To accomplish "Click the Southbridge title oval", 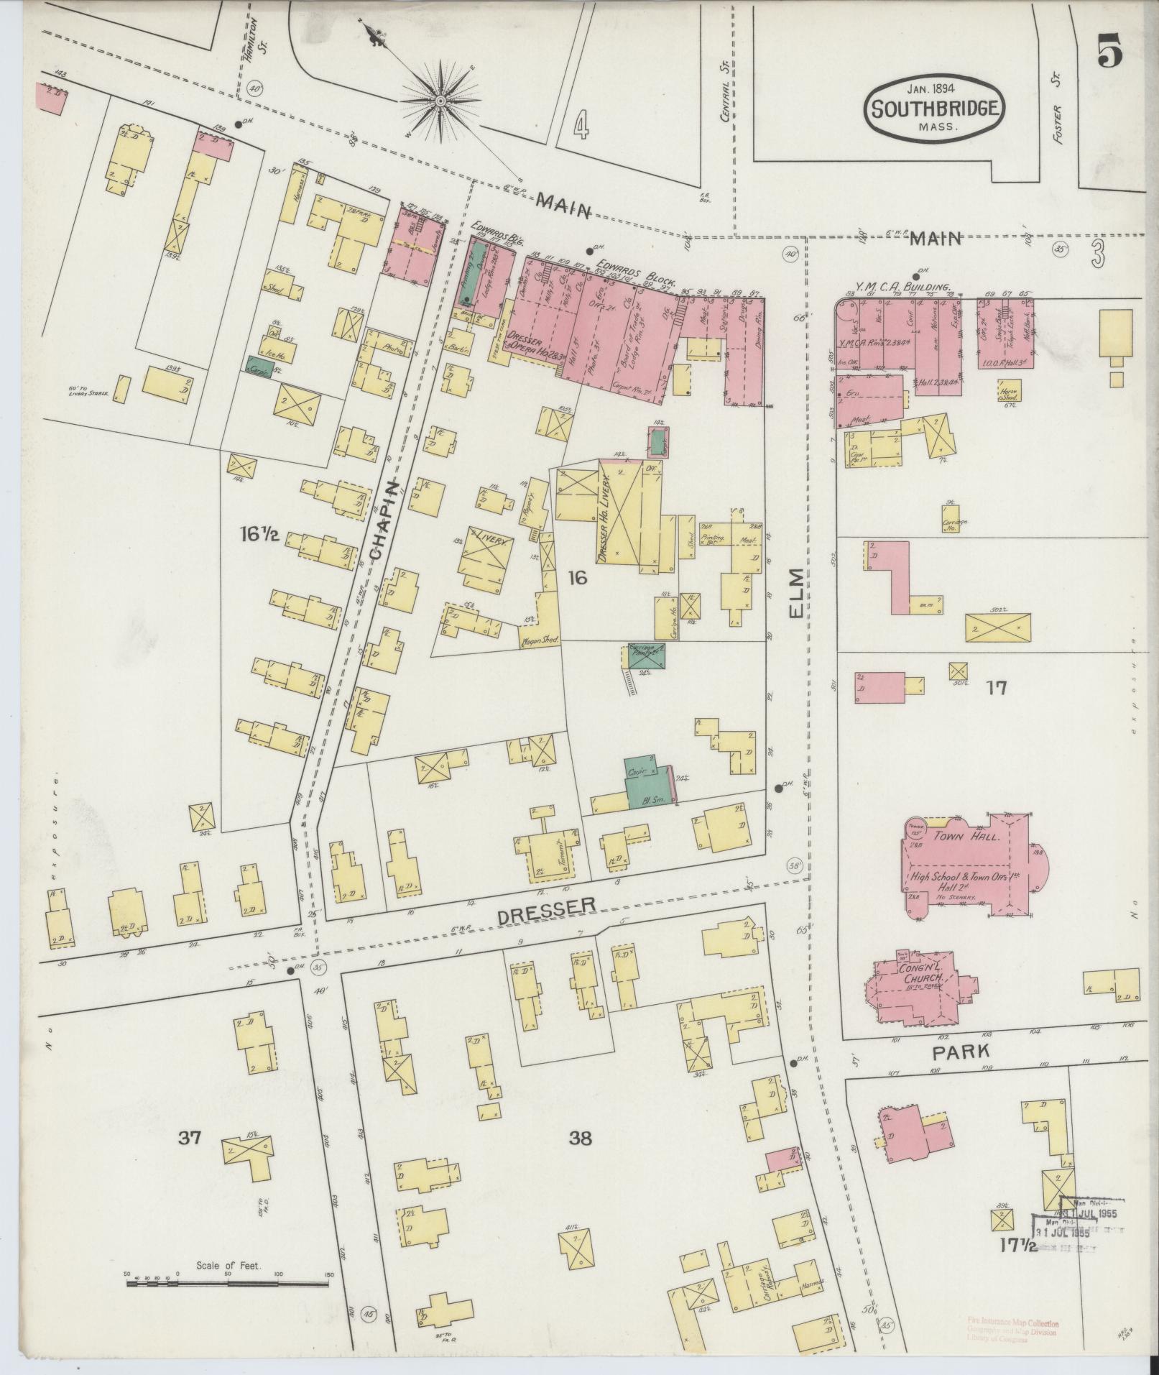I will click(933, 110).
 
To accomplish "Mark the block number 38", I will click(581, 1138).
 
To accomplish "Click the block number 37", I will click(191, 1138).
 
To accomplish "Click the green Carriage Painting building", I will click(645, 655).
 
